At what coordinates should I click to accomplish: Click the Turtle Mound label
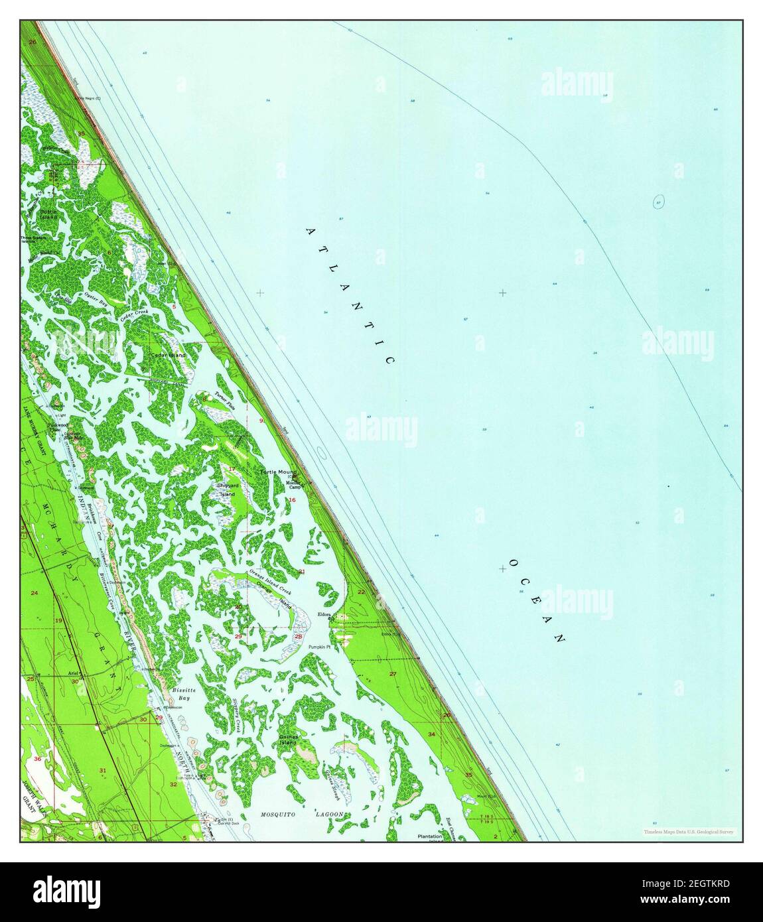point(278,472)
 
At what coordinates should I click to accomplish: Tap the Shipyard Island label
point(226,490)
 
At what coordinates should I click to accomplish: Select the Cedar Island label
point(169,356)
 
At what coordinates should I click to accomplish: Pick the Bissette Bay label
point(180,694)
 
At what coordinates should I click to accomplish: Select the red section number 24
point(34,591)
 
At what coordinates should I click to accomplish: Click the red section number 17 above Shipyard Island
point(232,470)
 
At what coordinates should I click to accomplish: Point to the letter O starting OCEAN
point(512,563)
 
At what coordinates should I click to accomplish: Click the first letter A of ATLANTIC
point(310,231)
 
